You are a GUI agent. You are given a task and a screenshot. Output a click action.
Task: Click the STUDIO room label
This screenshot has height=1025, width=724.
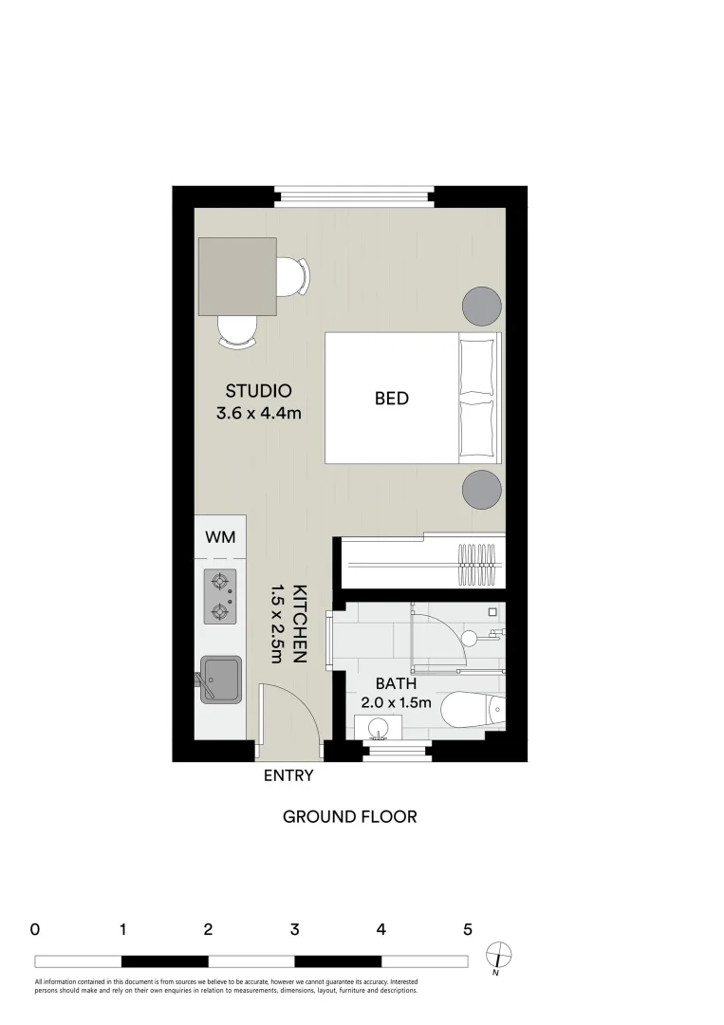pyautogui.click(x=257, y=390)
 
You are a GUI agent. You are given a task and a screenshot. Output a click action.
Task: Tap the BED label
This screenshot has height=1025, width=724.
pyautogui.click(x=391, y=399)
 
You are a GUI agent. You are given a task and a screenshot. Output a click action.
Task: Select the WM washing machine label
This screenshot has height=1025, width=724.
pyautogui.click(x=220, y=537)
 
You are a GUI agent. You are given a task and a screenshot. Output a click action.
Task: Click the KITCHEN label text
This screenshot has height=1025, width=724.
pyautogui.click(x=300, y=623)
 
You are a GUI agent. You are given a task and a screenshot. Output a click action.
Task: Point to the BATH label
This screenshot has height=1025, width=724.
pyautogui.click(x=395, y=683)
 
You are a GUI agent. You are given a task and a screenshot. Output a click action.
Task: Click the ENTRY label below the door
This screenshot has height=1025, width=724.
pyautogui.click(x=288, y=775)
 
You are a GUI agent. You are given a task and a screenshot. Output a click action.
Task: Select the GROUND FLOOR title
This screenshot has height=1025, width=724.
pyautogui.click(x=349, y=816)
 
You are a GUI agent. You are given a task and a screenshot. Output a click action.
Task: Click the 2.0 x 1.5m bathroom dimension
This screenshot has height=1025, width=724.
pyautogui.click(x=397, y=703)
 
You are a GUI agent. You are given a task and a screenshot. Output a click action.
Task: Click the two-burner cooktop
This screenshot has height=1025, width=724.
pyautogui.click(x=220, y=597)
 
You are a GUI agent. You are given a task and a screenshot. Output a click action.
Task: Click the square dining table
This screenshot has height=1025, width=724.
pyautogui.click(x=237, y=276)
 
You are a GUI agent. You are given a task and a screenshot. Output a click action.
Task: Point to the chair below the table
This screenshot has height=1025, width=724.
pyautogui.click(x=237, y=331)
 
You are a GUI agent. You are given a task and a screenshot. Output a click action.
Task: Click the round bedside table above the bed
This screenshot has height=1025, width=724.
pyautogui.click(x=481, y=305)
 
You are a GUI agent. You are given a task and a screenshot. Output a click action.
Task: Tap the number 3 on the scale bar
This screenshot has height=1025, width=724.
pyautogui.click(x=295, y=930)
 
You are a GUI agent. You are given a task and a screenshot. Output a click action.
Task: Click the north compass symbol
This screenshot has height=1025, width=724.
pyautogui.click(x=498, y=954)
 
